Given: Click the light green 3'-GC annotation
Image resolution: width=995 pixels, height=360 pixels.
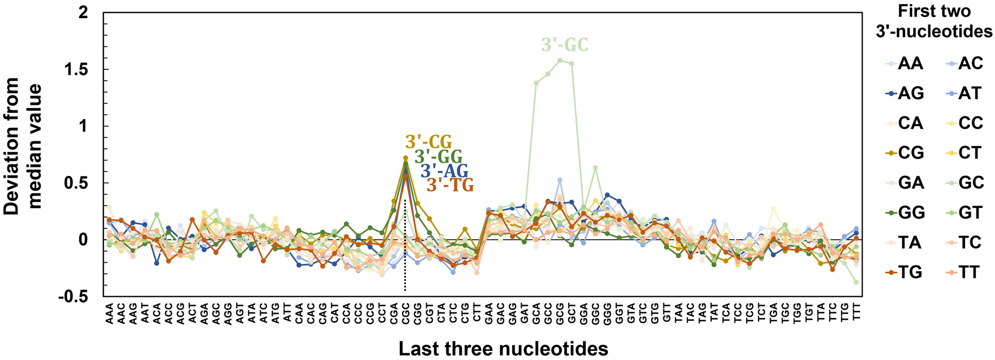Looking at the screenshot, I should click(564, 45).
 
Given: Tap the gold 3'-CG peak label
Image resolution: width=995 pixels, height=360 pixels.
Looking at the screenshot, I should click(429, 142).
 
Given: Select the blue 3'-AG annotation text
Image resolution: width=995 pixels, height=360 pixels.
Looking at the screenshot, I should click(444, 171).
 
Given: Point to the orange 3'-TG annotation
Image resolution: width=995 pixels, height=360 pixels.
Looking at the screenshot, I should click(450, 186).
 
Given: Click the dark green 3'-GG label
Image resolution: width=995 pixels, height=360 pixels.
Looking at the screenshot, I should click(438, 156).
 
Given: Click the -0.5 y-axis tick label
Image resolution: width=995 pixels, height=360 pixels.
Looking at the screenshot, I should click(74, 296).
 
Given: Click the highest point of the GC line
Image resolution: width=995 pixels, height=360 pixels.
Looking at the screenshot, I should click(560, 60).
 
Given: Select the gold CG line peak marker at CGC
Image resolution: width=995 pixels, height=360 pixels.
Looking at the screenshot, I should click(405, 158).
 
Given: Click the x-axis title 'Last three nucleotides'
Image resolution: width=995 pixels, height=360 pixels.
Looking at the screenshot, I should click(504, 348).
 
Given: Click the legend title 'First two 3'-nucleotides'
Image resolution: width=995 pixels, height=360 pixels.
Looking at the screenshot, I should click(934, 22).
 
